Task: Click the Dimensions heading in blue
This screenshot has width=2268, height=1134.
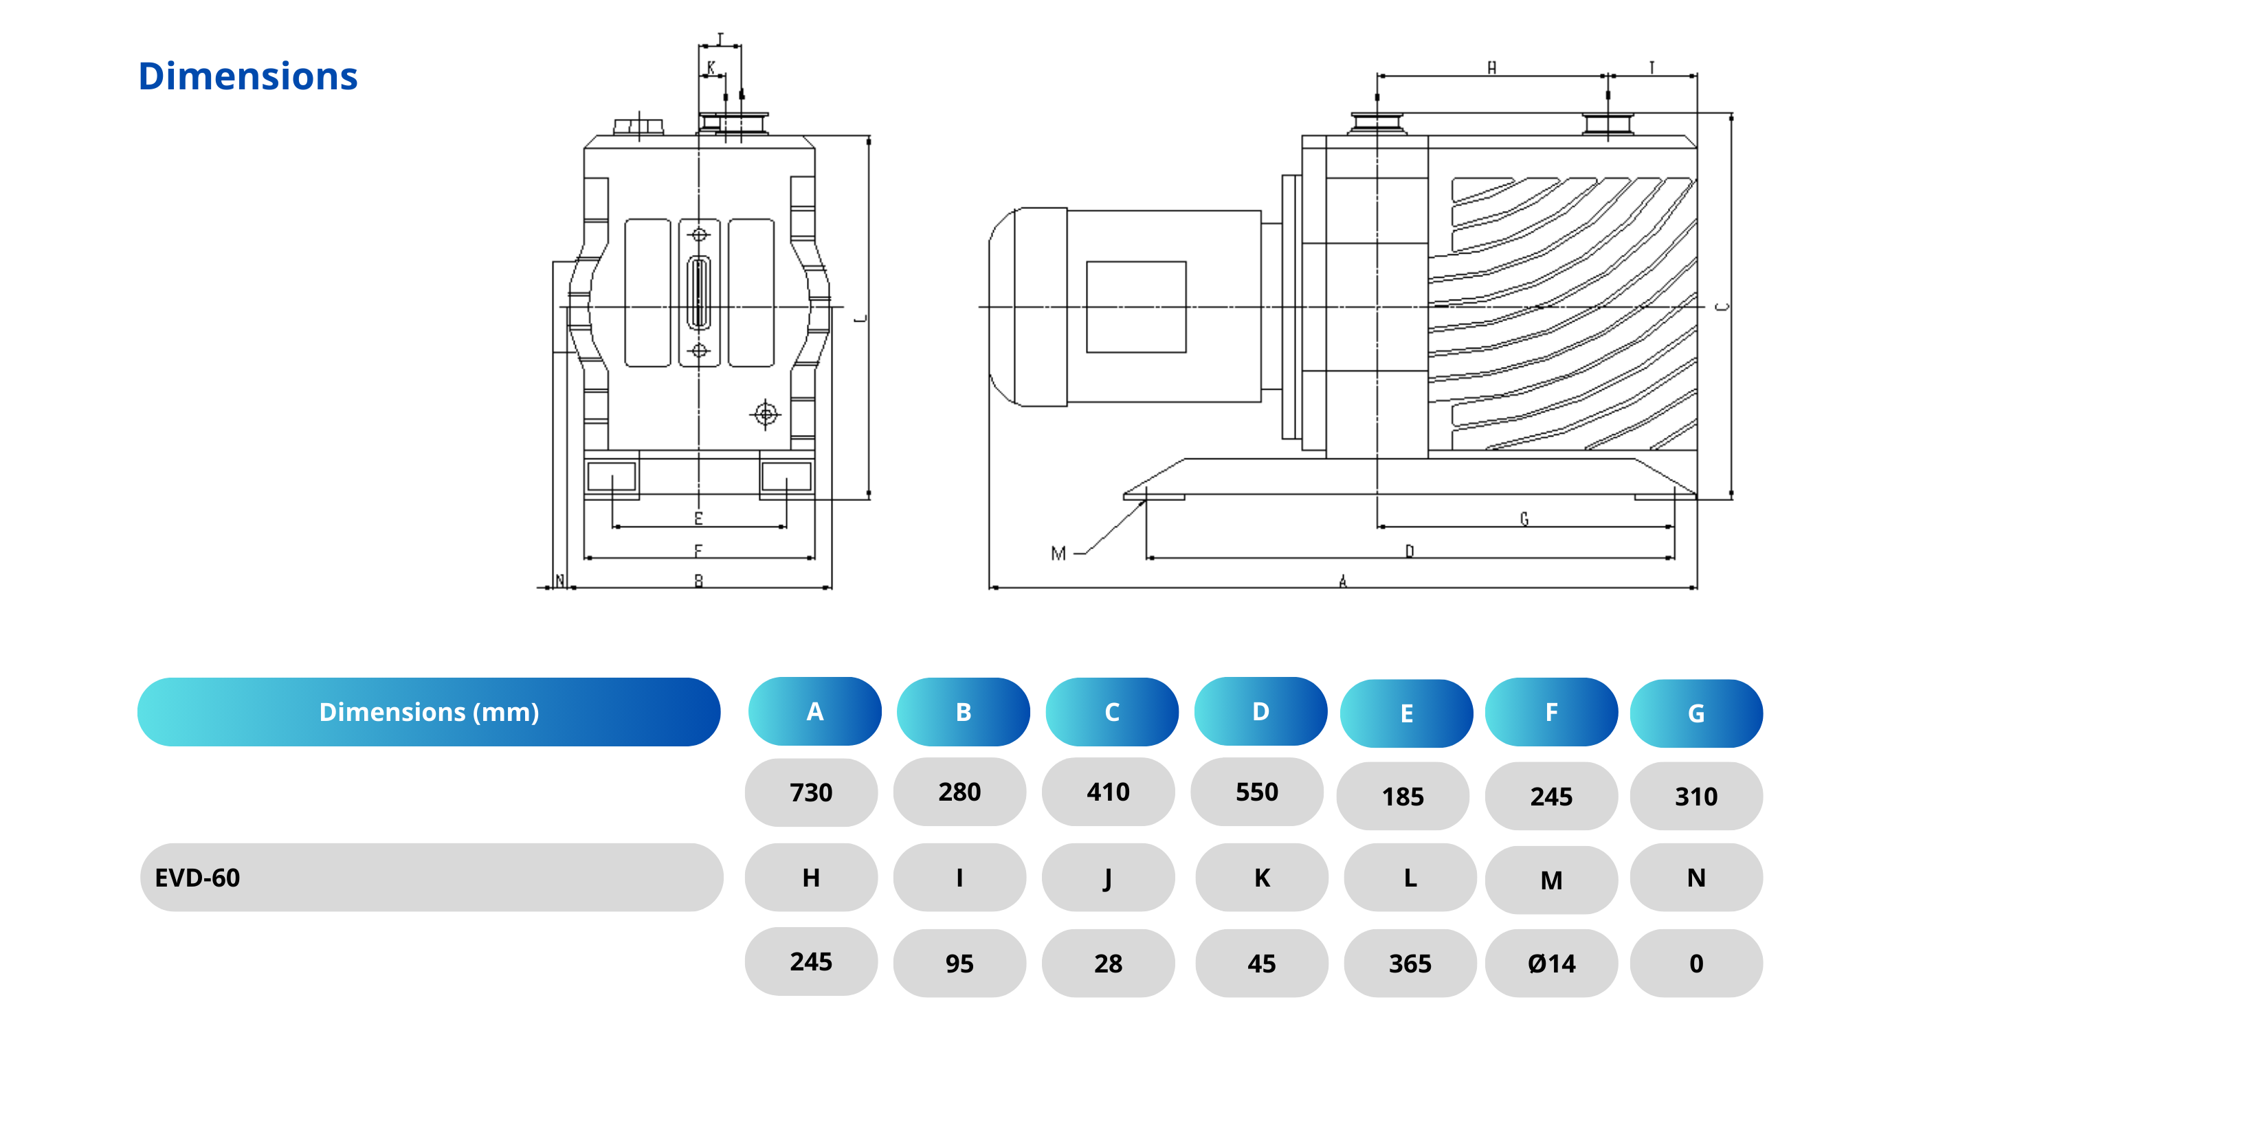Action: click(247, 76)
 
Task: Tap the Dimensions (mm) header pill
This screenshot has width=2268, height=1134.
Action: click(429, 712)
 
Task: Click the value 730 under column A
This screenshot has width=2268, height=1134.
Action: click(811, 792)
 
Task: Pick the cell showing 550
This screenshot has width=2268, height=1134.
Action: click(1256, 792)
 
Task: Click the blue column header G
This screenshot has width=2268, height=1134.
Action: click(1696, 713)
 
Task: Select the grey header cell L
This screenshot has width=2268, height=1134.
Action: click(1410, 878)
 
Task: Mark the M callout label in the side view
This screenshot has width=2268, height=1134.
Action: click(1058, 553)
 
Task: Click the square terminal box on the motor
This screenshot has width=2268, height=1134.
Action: click(1136, 307)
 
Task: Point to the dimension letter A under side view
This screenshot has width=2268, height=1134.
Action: click(1343, 581)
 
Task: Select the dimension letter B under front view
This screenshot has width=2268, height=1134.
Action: click(698, 581)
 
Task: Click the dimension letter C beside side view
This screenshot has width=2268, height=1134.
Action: click(1723, 307)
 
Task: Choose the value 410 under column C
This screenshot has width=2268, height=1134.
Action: click(1108, 792)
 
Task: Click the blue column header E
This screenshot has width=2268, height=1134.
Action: click(1406, 713)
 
